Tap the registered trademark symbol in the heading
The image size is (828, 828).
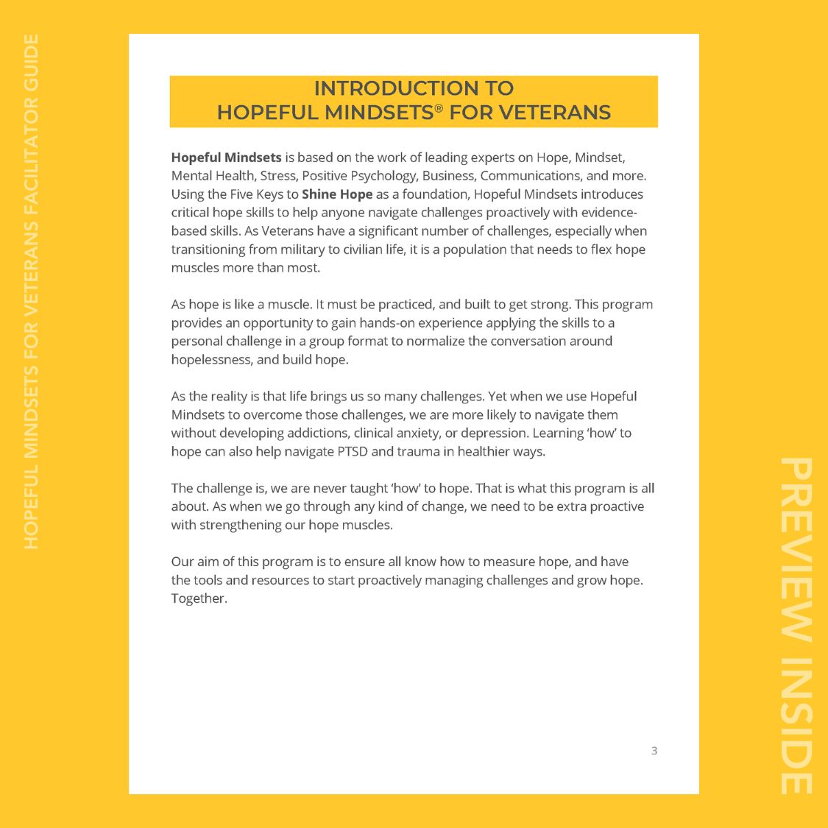pyautogui.click(x=439, y=107)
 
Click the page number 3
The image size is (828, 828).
pyautogui.click(x=654, y=751)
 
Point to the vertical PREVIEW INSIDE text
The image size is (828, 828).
pyautogui.click(x=796, y=626)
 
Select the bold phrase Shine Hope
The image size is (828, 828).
pyautogui.click(x=337, y=194)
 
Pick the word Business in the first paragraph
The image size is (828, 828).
pyautogui.click(x=447, y=176)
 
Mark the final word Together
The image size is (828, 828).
pyautogui.click(x=199, y=598)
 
